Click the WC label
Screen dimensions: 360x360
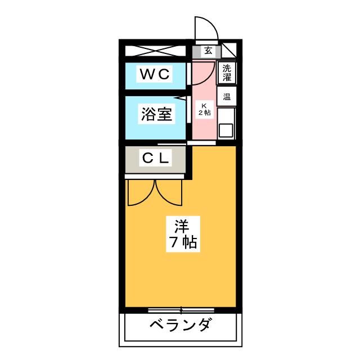coord(154,74)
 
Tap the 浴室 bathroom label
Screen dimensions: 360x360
coord(155,114)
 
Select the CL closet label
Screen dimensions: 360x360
coord(155,159)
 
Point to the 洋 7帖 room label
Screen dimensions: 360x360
coord(181,235)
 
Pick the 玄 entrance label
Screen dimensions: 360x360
coord(208,51)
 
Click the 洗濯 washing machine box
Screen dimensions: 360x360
coord(227,72)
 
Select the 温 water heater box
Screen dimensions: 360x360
coord(227,96)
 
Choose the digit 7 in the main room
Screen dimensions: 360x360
coord(174,243)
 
